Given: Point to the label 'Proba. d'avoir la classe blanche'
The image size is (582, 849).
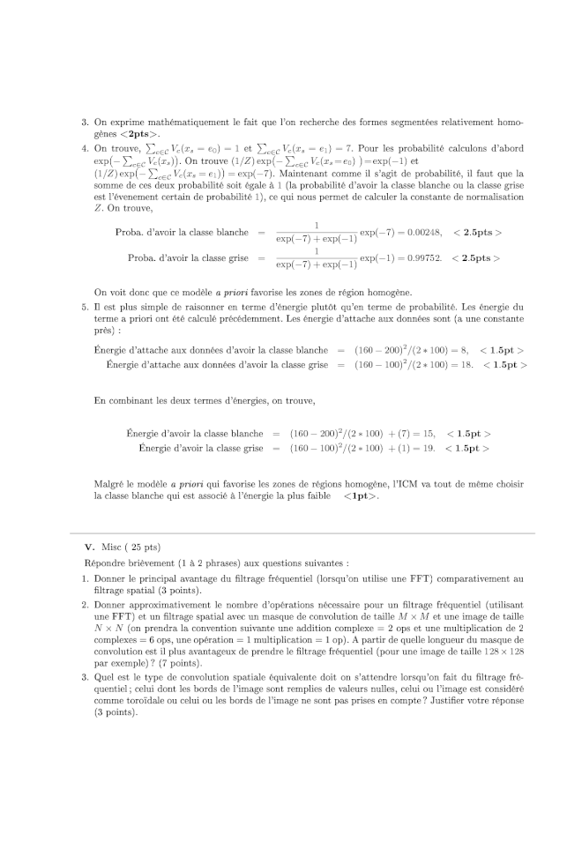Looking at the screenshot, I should [x=182, y=233].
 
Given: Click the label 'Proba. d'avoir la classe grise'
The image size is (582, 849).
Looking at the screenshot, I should [x=188, y=258].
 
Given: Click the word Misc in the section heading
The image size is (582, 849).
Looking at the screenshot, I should [x=115, y=547].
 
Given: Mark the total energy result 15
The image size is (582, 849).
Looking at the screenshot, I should [x=429, y=434].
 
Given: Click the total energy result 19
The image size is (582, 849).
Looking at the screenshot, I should [x=429, y=448].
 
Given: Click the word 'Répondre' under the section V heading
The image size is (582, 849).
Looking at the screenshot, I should [x=104, y=562].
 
